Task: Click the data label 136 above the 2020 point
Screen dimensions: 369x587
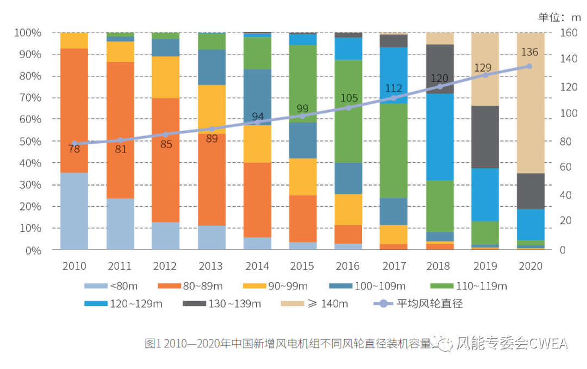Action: [529, 53]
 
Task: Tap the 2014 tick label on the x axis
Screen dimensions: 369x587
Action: [257, 266]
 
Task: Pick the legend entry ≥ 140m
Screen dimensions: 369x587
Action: [317, 303]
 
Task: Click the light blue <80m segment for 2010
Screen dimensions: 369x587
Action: [74, 211]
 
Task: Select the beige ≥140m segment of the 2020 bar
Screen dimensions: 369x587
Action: [530, 103]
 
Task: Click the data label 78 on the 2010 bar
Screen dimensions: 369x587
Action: [74, 149]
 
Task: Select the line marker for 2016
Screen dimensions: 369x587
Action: [348, 107]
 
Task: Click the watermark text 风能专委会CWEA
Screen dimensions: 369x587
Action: [511, 343]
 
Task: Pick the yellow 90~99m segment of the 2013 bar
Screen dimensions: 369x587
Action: [211, 109]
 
